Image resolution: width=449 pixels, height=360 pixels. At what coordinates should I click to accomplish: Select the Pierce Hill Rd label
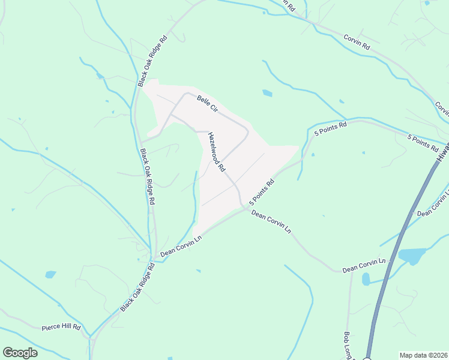(61, 327)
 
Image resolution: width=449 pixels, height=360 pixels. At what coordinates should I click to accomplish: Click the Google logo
(20, 353)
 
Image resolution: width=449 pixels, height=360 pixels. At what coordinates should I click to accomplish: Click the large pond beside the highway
(411, 256)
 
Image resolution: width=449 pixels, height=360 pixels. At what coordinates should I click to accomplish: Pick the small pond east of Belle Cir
(267, 93)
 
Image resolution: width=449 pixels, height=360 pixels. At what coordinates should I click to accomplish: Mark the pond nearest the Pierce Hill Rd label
(50, 275)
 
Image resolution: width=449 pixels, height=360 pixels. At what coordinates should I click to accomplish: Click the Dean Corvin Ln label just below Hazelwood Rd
(271, 221)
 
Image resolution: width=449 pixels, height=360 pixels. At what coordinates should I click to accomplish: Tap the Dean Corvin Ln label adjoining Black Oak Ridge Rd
(179, 247)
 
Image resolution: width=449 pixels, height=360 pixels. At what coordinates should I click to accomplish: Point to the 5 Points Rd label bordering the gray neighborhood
(261, 191)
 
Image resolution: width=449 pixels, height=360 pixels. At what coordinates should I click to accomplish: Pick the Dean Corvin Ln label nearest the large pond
(363, 266)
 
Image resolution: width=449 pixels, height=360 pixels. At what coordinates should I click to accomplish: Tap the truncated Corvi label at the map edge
(442, 109)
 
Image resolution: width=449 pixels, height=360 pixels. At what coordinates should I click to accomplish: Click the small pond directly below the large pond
(366, 279)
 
